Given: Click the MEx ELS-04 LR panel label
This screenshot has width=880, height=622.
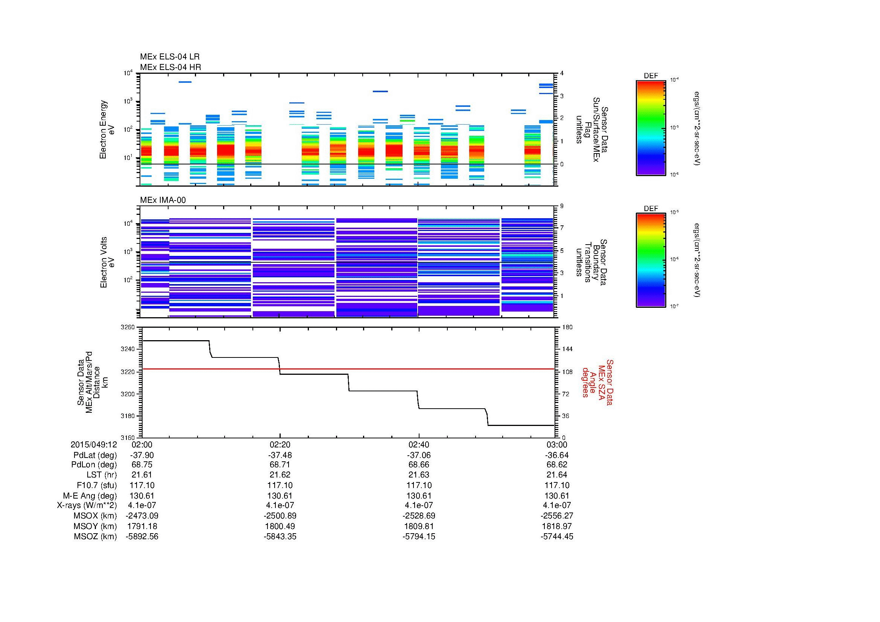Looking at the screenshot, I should click(x=170, y=57).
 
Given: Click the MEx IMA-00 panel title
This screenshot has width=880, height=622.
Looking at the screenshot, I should click(x=163, y=200).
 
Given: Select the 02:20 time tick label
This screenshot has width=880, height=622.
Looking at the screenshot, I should click(x=280, y=445).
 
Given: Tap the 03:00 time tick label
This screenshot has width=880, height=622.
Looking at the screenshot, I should click(x=556, y=445).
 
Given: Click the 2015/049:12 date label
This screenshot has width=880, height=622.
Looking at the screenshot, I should click(x=94, y=445).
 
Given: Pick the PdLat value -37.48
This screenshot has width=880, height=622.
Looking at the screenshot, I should click(x=280, y=455).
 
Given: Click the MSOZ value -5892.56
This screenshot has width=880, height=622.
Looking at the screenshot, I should click(x=142, y=537).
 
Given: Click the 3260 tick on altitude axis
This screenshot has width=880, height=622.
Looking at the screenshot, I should click(x=128, y=327).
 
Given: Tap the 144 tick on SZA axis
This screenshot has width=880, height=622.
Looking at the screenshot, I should click(x=567, y=350).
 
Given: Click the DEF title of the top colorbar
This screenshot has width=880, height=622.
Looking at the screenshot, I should click(x=651, y=76).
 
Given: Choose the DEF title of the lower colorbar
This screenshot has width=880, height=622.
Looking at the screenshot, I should click(x=651, y=209).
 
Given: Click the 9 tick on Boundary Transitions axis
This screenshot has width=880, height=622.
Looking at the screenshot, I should click(x=562, y=206).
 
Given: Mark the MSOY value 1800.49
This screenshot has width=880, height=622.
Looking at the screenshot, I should click(x=280, y=526).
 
